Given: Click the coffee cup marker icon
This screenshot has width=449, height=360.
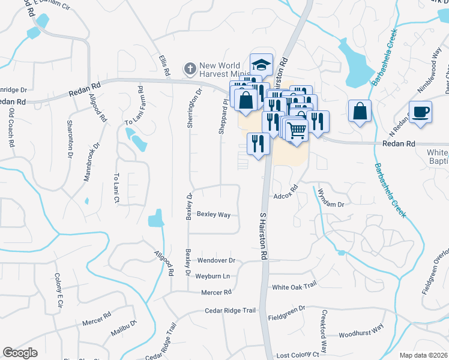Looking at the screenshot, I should [420, 112].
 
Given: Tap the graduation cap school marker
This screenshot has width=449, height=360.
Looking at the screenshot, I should [261, 64].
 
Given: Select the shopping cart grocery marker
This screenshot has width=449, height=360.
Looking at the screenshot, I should [296, 129].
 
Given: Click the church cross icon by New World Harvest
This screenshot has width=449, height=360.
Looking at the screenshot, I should [190, 68].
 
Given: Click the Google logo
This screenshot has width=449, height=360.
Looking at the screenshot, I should [20, 353].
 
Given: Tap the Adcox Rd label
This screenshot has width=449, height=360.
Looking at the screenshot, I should [286, 196].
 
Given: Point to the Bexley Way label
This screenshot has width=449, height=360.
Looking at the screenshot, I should [214, 214].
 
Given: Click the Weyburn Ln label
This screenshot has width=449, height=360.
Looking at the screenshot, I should [212, 276].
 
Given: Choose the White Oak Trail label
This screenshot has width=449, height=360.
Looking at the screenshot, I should [294, 287].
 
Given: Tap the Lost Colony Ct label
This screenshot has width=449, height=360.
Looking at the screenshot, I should [298, 355].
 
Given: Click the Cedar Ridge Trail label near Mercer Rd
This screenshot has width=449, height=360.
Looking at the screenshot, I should [231, 310].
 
